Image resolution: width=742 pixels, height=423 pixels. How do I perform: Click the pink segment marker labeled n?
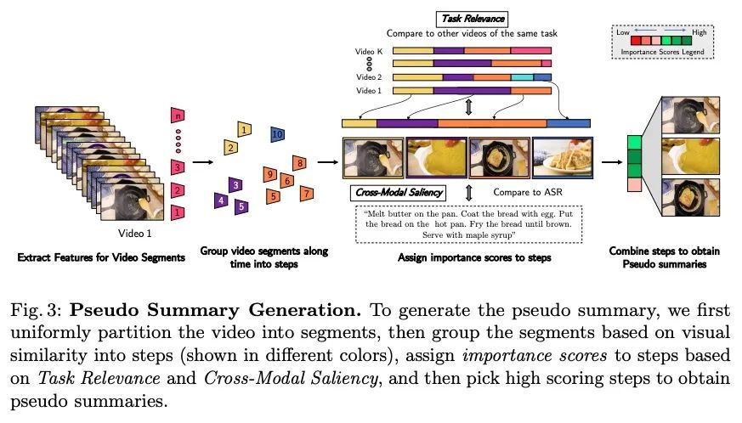[177, 116]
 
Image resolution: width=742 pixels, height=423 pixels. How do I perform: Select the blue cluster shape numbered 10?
[278, 133]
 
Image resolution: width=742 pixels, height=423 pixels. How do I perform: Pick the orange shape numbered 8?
[299, 163]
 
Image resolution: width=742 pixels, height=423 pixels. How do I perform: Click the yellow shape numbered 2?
[229, 148]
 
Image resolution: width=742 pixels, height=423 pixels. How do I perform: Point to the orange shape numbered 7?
[304, 195]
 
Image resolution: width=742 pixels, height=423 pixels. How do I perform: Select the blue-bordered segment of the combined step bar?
[569, 124]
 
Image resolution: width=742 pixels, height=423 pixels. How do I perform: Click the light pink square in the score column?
[634, 184]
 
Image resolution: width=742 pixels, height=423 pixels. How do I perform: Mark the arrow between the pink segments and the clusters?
[202, 160]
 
